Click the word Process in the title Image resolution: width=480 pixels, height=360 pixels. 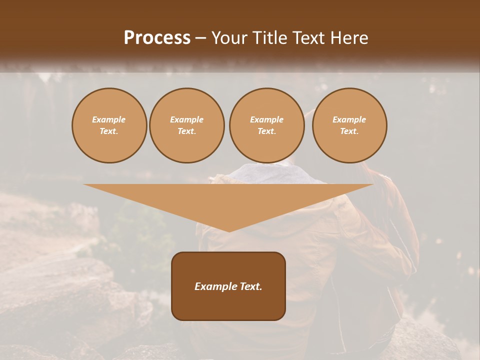coord(157,38)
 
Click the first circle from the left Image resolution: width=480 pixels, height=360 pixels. coord(109,125)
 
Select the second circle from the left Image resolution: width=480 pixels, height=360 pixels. coord(186,125)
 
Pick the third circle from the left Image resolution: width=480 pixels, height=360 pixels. coord(266,125)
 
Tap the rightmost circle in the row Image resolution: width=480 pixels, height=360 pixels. coord(349,125)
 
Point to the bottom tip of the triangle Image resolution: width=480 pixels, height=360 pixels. coord(229,230)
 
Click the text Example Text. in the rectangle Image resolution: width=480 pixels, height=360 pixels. coord(228,286)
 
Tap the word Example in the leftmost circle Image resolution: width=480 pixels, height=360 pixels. coord(109,119)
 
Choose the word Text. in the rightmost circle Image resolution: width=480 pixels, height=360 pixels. coord(349,131)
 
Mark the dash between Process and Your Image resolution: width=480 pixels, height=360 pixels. coord(200,38)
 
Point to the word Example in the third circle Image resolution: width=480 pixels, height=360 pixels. coord(266,119)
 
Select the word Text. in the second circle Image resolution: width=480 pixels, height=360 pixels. coord(186,131)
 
